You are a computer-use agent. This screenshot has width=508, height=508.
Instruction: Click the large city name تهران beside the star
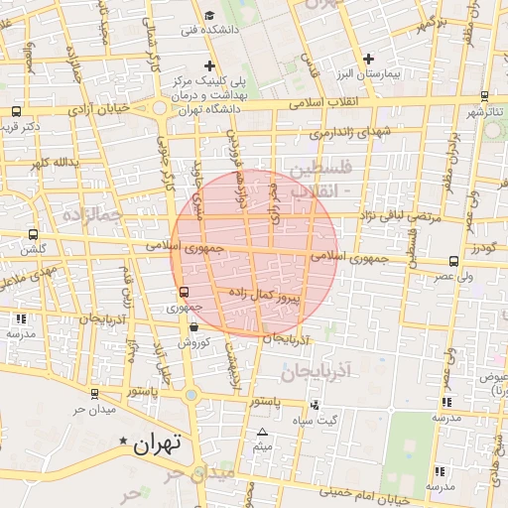pos(158,444)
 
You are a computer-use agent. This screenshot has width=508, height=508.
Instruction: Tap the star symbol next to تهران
pos(123,440)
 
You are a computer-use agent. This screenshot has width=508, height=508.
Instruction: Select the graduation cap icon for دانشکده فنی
pos(209,16)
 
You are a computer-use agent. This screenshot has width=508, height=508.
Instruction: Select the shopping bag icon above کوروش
pos(192,326)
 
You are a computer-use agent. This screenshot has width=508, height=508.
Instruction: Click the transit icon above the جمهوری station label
pos(184,292)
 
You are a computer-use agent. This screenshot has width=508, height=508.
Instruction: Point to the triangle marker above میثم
pos(262,432)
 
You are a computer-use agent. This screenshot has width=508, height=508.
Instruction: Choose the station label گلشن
pos(33,252)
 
